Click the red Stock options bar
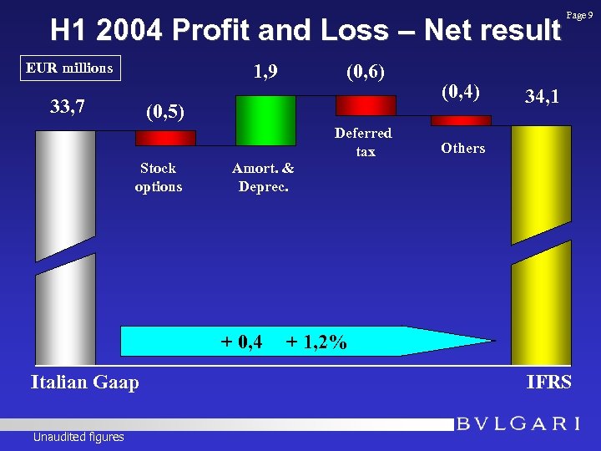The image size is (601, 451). click(165, 138)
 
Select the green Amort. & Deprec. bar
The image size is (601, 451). click(260, 121)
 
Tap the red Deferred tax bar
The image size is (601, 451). click(365, 105)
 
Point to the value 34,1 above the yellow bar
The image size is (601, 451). click(542, 98)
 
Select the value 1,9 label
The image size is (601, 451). click(265, 73)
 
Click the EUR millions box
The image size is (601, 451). click(69, 68)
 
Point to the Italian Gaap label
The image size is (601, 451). click(84, 383)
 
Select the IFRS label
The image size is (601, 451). click(548, 383)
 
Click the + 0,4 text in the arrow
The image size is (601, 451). click(242, 342)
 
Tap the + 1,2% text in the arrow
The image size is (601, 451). click(316, 342)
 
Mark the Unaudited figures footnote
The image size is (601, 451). click(78, 437)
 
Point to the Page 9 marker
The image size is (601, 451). click(581, 15)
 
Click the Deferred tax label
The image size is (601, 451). click(363, 142)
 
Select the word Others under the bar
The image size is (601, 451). click(462, 149)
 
